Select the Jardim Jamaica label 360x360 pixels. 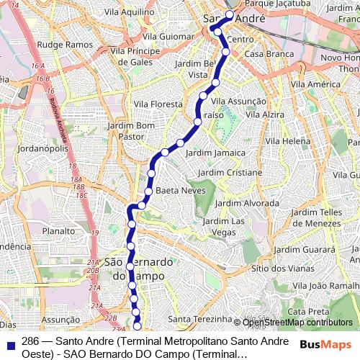tap(218, 153)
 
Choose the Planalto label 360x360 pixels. tap(59, 231)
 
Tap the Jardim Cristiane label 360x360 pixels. tap(230, 173)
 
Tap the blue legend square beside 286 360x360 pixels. tap(9, 342)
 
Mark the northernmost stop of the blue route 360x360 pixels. tap(230, 14)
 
